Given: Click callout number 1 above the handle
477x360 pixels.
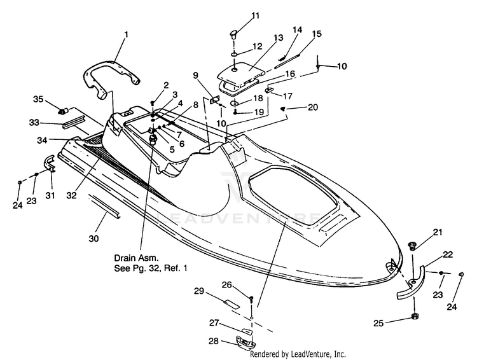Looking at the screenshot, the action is (127, 34).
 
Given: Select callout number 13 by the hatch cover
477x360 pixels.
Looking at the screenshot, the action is (279, 38).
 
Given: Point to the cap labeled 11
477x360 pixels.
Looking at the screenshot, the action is (233, 33).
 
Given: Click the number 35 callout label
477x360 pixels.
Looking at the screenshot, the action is (38, 99).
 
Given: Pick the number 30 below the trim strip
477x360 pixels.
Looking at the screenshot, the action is (93, 239).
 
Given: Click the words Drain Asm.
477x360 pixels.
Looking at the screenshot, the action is (136, 258).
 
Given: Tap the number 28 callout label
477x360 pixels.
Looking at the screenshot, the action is (214, 341).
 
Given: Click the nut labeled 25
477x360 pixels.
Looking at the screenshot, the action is (414, 317).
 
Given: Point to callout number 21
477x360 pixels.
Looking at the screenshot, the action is (438, 232).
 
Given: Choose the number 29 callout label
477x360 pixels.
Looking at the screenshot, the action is (199, 291).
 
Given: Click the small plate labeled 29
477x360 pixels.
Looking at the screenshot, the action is (232, 303).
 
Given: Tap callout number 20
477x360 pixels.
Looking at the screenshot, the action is (313, 107).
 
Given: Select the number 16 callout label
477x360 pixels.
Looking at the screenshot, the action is (290, 74).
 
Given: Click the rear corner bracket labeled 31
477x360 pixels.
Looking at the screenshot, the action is (49, 163).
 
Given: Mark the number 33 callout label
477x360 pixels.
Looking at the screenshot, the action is (34, 123).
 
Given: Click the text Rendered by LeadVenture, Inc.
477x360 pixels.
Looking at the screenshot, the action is (298, 354).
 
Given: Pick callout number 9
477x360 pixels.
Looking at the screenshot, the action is (195, 75).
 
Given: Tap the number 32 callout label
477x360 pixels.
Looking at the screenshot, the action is (72, 195).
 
